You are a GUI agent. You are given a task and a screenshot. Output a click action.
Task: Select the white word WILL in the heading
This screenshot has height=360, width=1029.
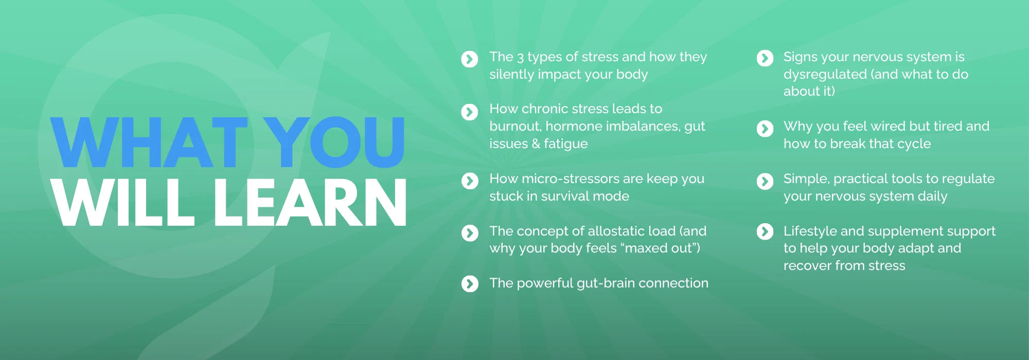123,203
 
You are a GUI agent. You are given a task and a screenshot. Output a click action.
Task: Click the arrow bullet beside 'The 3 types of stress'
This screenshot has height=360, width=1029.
470,59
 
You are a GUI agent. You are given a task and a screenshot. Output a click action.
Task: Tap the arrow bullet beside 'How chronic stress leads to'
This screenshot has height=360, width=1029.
470,112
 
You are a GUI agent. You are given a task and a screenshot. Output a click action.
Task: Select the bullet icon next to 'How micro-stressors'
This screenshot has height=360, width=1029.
470,181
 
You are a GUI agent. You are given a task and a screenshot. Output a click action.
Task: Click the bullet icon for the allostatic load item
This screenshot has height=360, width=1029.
470,233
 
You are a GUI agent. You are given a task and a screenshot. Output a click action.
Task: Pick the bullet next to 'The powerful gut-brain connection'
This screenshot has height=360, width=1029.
470,283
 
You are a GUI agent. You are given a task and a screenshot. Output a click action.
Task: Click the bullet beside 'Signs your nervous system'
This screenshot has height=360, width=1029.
765,58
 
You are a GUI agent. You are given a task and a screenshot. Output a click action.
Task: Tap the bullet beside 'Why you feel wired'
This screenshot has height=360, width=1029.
765,129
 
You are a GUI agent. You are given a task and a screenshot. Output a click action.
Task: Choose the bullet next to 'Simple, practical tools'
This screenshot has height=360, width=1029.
765,181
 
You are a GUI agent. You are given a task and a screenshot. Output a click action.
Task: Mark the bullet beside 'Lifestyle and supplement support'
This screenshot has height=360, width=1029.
765,231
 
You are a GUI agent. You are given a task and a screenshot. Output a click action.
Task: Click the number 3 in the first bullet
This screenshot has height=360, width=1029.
520,57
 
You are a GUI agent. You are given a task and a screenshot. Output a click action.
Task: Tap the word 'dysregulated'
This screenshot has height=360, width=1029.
825,75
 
